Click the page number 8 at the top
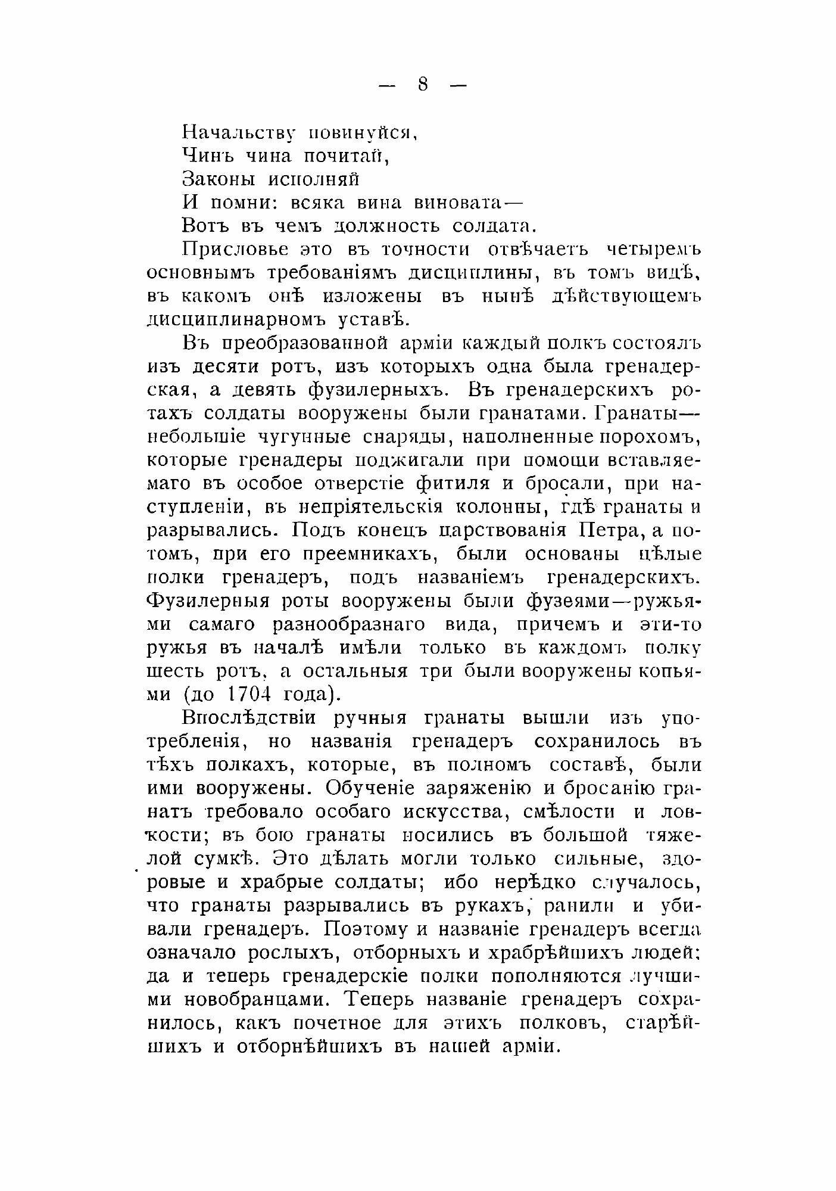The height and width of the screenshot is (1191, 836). [423, 85]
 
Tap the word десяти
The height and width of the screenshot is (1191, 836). [223, 366]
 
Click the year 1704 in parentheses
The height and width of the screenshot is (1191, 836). [255, 694]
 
